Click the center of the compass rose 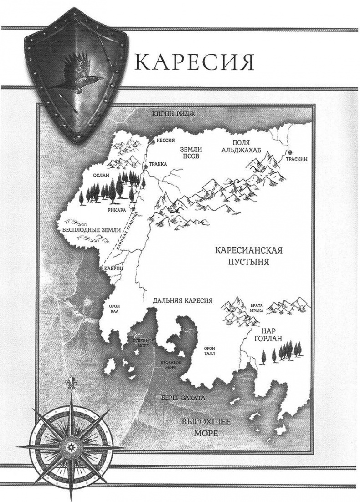(70, 443)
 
